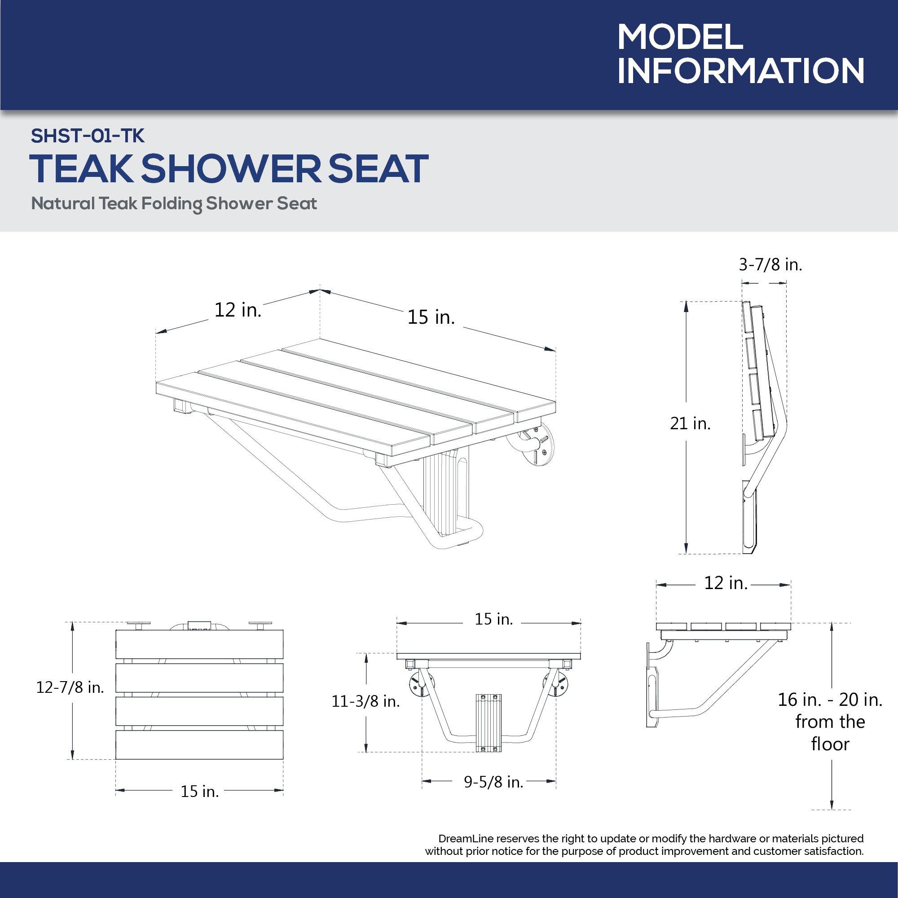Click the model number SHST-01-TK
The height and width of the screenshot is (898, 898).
tap(88, 136)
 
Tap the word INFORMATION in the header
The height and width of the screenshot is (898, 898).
tap(740, 71)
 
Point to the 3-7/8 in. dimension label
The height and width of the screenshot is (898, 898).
tap(770, 265)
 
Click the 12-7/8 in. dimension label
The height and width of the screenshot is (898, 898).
tap(70, 687)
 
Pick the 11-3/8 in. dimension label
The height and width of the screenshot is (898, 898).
tap(366, 701)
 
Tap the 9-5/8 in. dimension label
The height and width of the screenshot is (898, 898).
tap(493, 782)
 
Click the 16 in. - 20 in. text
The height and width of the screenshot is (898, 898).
tap(830, 700)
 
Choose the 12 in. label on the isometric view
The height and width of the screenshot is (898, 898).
tap(238, 310)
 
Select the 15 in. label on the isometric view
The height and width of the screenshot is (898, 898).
tap(431, 317)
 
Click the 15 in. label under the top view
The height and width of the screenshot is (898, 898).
tap(199, 791)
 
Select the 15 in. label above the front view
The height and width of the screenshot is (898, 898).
tap(493, 619)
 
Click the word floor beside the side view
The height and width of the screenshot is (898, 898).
tap(830, 744)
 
